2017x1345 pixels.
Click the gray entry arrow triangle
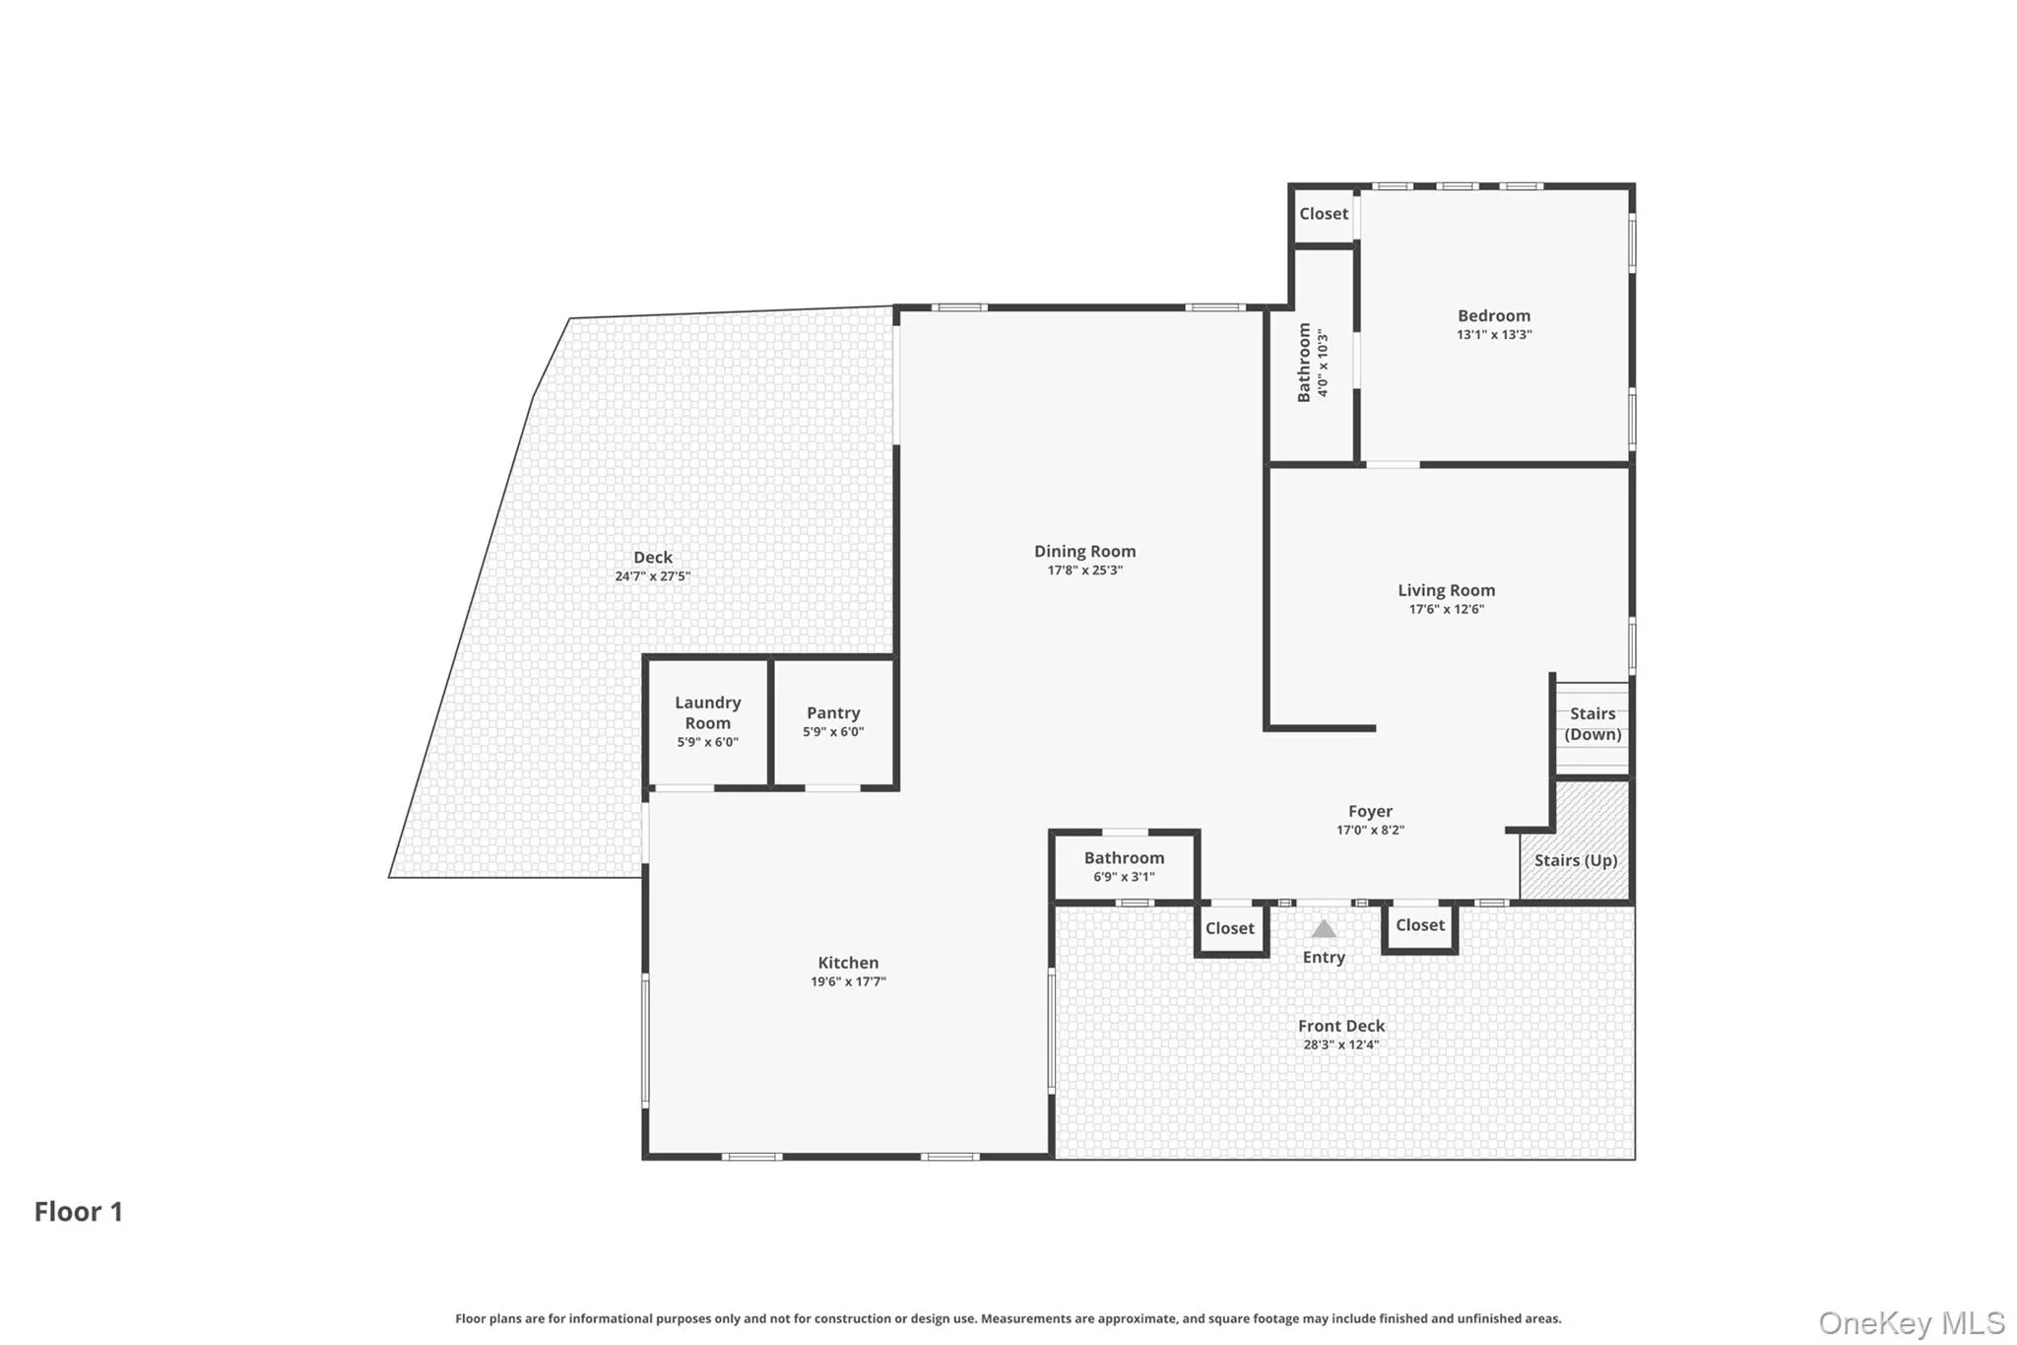pos(1324,929)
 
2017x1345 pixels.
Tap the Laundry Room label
pos(707,712)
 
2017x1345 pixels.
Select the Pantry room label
pos(833,712)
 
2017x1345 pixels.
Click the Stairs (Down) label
pos(1593,723)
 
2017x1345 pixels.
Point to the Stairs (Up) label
pos(1576,860)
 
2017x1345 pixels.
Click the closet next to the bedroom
pos(1324,214)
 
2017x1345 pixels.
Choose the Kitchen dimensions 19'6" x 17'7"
pos(848,981)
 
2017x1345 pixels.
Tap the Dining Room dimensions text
pos(1084,571)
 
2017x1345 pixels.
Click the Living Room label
pos(1446,590)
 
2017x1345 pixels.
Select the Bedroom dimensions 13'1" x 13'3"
pos(1494,335)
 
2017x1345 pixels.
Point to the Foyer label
pos(1370,811)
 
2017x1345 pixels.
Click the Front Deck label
pos(1340,1026)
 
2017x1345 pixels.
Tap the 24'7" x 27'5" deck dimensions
pos(652,576)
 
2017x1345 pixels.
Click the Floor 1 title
pos(79,1211)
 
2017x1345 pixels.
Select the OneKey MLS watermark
pos(1912,1322)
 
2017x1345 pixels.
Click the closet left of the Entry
pos(1230,928)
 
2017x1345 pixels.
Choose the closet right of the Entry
pos(1420,925)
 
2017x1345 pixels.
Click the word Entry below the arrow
pos(1324,957)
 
